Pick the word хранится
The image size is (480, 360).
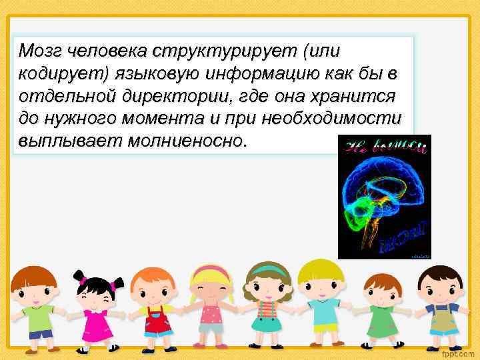tap(357, 96)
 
